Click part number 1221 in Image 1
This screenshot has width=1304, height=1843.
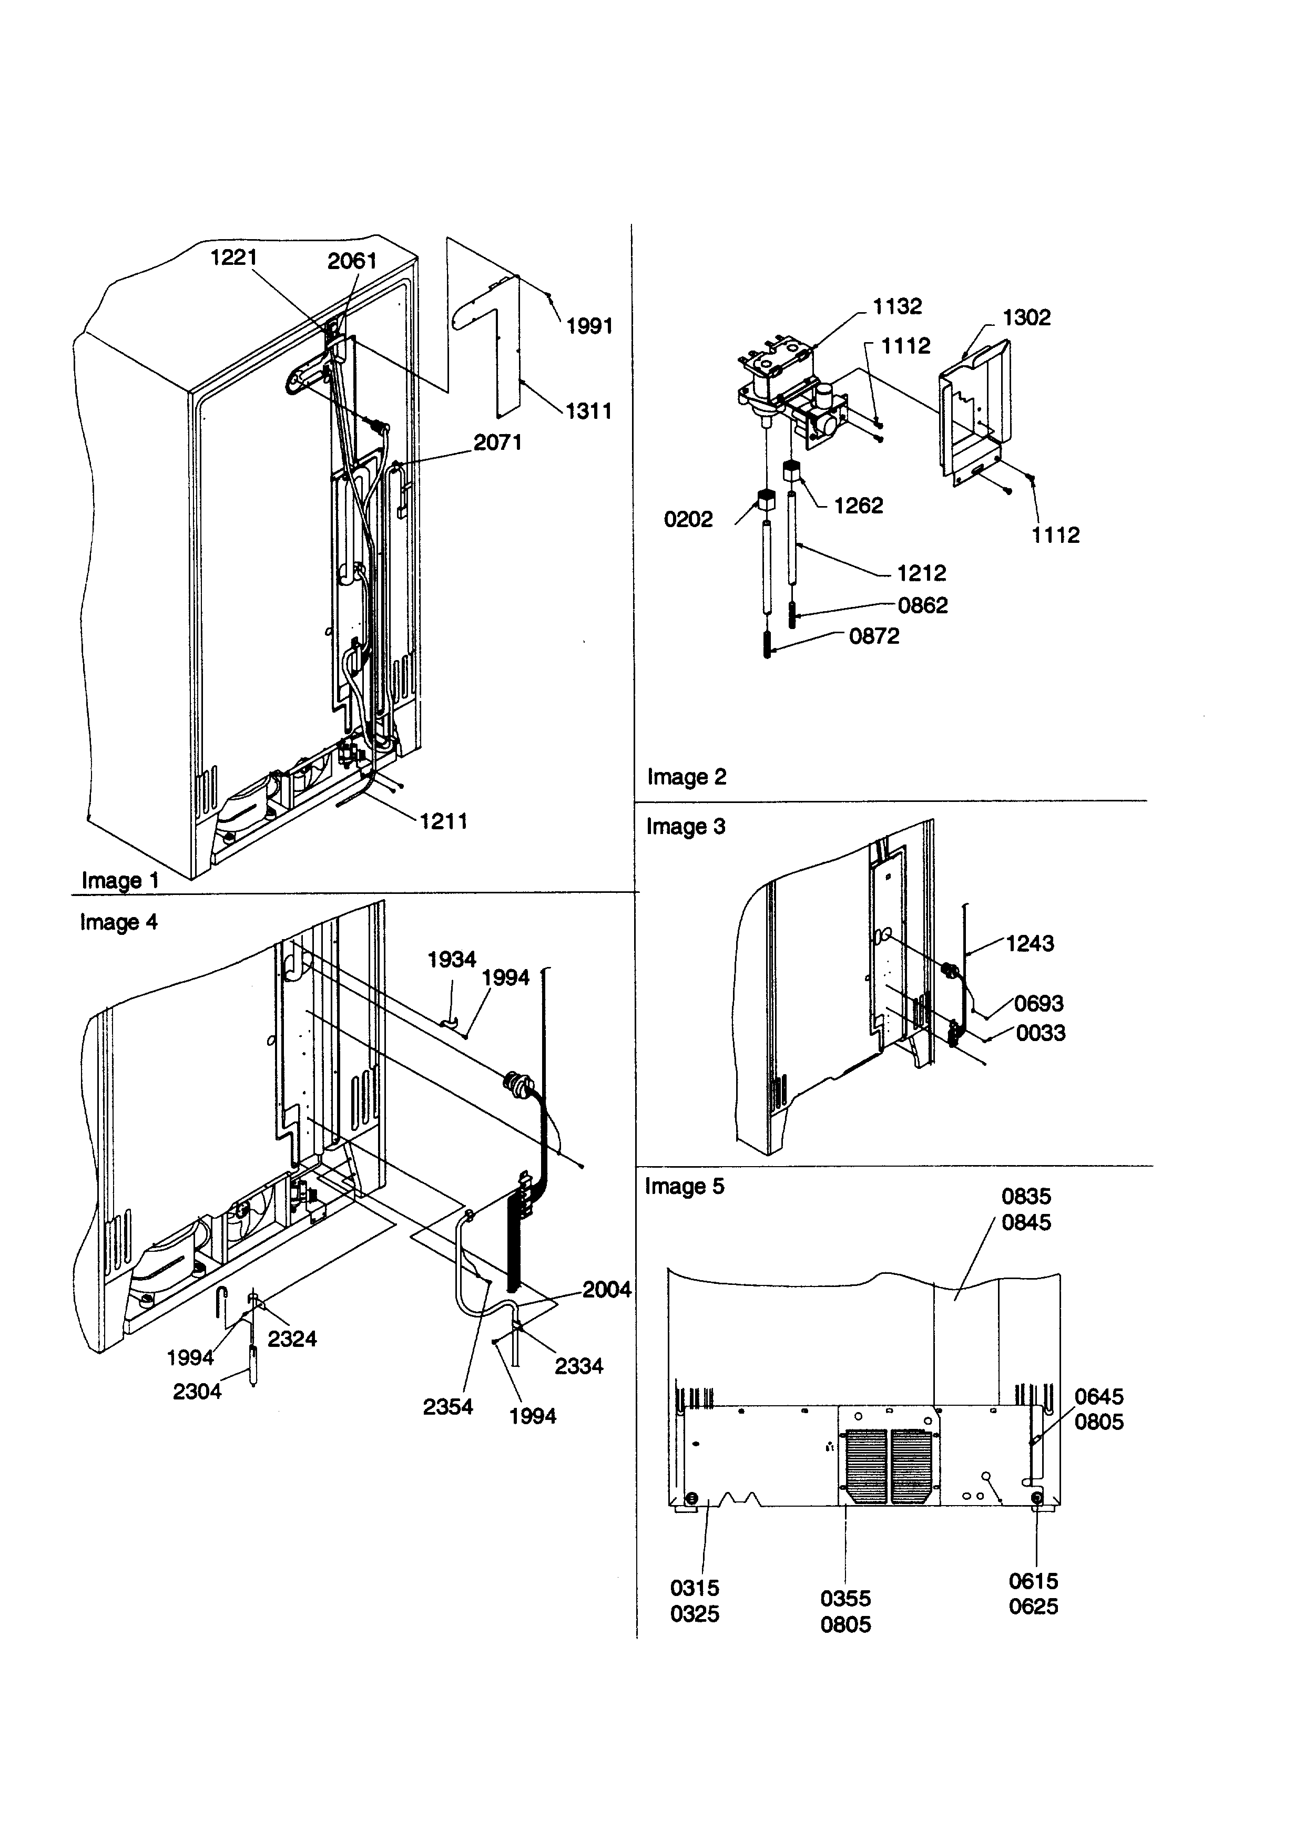233,258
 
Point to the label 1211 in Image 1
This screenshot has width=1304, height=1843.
443,821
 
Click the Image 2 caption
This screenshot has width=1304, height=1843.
687,777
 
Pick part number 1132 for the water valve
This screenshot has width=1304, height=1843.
897,306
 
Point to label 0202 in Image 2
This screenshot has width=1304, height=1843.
688,519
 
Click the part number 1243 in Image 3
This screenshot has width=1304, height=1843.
1030,943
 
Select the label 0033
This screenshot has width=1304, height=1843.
1041,1033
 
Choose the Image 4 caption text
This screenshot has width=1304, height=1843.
119,922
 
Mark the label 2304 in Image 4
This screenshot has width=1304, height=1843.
197,1391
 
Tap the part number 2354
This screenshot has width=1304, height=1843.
448,1406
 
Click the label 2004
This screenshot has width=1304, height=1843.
606,1290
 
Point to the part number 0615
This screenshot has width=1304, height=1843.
1033,1581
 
